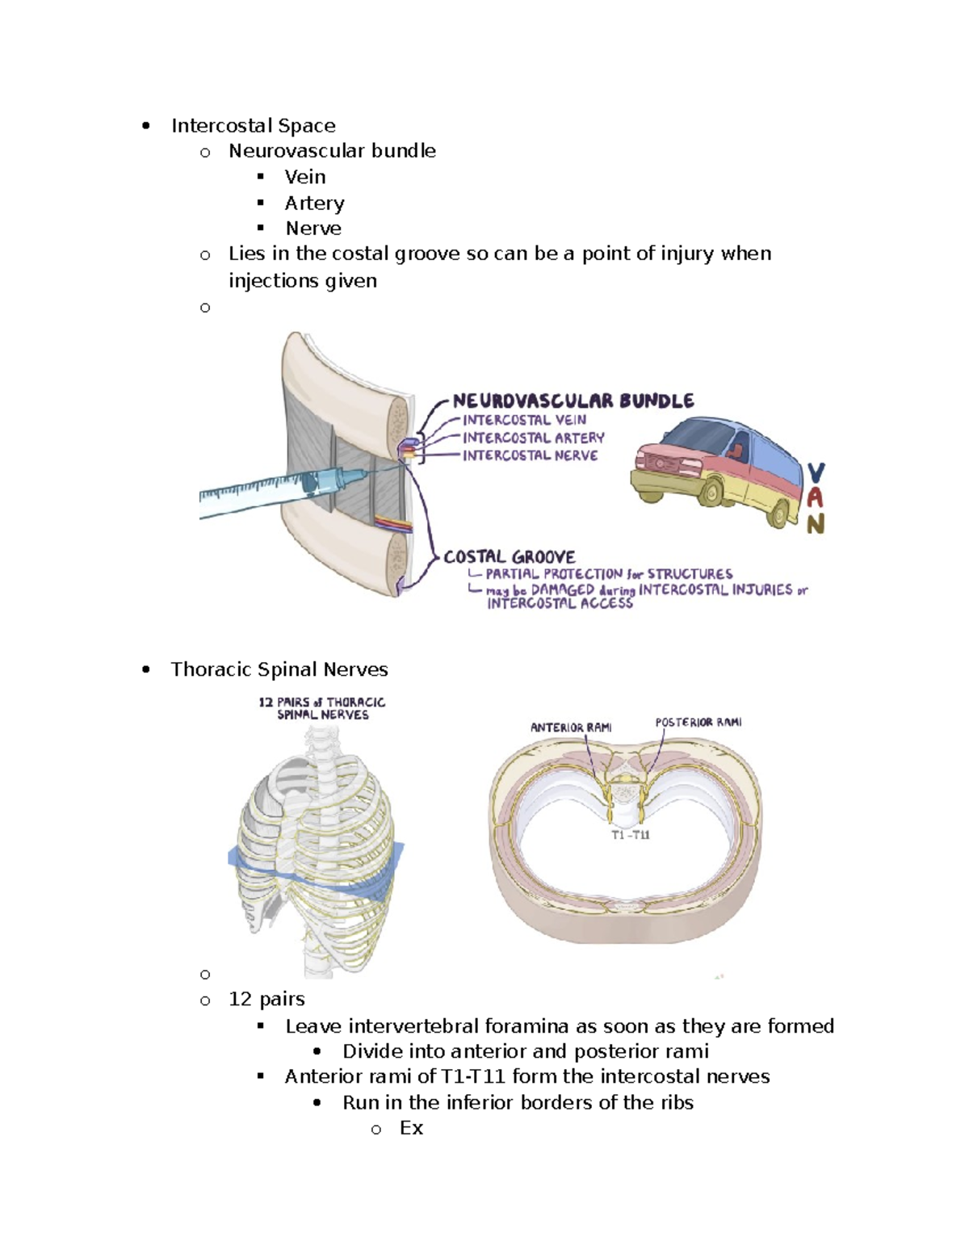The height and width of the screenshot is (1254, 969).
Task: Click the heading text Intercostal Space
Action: (253, 126)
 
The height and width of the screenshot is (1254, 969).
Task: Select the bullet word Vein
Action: (304, 177)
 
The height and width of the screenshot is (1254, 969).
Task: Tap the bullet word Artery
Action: (314, 203)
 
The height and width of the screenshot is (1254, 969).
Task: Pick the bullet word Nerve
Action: (313, 229)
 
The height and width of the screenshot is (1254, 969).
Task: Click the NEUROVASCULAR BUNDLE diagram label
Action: (573, 401)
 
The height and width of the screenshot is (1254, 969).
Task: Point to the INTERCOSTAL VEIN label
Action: (524, 420)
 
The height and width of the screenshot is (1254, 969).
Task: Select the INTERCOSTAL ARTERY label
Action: (533, 438)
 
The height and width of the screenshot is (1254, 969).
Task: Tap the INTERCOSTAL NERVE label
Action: (530, 455)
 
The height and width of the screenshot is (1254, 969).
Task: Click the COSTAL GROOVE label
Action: (510, 557)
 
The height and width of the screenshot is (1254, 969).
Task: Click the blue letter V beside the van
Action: (816, 473)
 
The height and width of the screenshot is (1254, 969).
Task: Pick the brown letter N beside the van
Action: (816, 525)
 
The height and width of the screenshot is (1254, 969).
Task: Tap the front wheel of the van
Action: (715, 490)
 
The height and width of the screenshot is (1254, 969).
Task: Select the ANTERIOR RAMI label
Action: (570, 728)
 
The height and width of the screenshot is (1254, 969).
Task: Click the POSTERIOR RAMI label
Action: (698, 723)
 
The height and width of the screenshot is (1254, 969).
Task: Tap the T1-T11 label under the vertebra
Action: (630, 835)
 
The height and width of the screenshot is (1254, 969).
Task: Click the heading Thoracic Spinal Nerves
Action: (279, 669)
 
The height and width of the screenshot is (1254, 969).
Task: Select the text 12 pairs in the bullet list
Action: (266, 1000)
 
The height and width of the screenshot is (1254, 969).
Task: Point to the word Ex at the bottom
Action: (411, 1128)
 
